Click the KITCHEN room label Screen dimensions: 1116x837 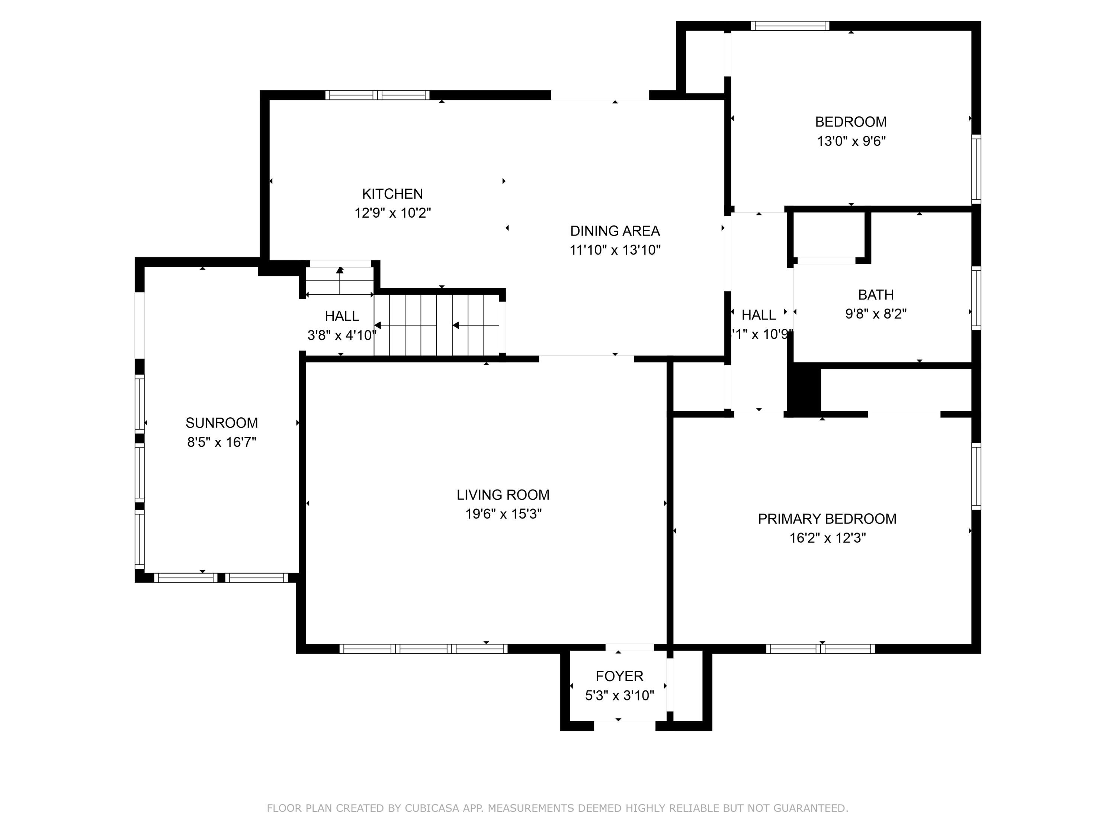point(392,194)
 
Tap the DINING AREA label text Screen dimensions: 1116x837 point(615,231)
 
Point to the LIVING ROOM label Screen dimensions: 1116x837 point(503,495)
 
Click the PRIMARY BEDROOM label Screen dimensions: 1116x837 point(827,519)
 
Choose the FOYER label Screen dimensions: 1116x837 point(619,676)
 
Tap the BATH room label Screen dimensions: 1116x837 point(876,295)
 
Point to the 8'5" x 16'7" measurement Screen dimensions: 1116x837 point(222,442)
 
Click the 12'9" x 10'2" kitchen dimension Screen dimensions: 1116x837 point(392,213)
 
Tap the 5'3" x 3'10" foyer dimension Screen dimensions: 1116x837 point(619,695)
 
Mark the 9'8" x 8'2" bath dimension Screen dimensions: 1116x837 point(876,314)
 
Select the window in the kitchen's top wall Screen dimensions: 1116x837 point(377,95)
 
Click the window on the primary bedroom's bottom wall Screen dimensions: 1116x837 point(820,649)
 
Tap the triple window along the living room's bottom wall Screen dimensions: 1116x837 point(423,649)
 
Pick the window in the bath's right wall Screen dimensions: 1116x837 point(976,298)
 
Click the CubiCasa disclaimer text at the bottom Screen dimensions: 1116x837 point(558,808)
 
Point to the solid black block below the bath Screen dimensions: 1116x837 point(804,390)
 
